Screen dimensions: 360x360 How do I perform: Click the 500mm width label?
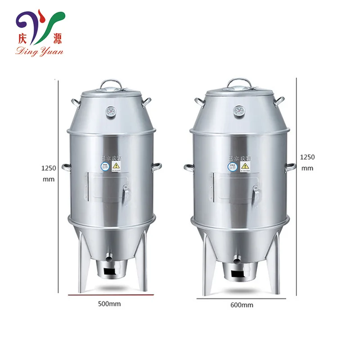click(109, 304)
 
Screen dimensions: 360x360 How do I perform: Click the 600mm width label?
click(242, 305)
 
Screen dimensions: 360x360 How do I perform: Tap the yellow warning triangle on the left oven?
click(117, 166)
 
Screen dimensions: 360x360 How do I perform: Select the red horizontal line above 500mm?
click(111, 295)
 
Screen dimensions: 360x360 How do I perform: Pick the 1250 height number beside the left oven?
click(48, 169)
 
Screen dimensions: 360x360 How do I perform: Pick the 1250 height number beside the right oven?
click(307, 157)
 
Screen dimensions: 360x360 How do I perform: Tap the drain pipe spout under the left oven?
click(108, 259)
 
